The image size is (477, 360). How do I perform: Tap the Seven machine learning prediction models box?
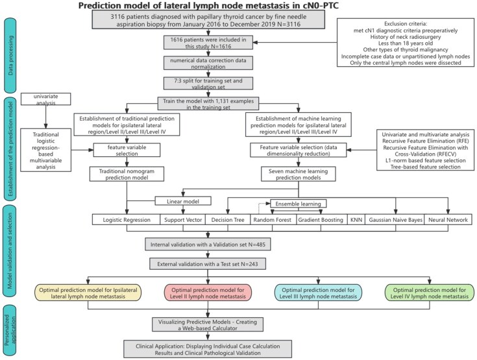pyautogui.click(x=298, y=174)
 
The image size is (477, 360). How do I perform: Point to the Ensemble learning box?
pyautogui.click(x=298, y=204)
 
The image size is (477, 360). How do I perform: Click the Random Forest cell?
pyautogui.click(x=272, y=221)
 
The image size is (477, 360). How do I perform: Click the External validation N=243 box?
pyautogui.click(x=207, y=264)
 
